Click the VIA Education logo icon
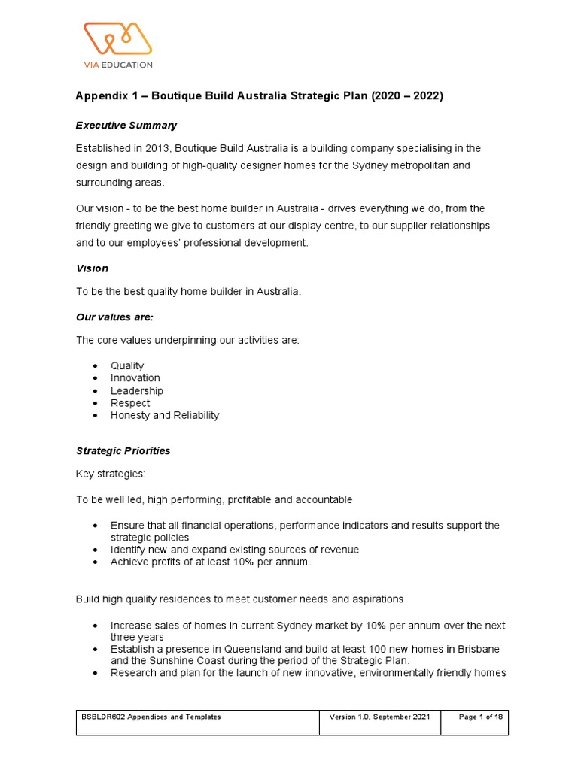point(117,38)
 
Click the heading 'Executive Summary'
point(126,125)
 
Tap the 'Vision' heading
point(92,268)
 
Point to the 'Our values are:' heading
point(114,317)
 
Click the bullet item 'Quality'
point(127,365)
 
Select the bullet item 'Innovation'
point(135,378)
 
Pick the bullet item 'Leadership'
point(136,390)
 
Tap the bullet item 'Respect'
point(130,403)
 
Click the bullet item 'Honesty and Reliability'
point(165,415)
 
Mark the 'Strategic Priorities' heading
point(123,451)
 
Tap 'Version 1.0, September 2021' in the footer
point(379,717)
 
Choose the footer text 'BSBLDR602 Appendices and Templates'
point(151,717)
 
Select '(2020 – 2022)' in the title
point(406,96)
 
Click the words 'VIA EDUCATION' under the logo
point(117,65)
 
